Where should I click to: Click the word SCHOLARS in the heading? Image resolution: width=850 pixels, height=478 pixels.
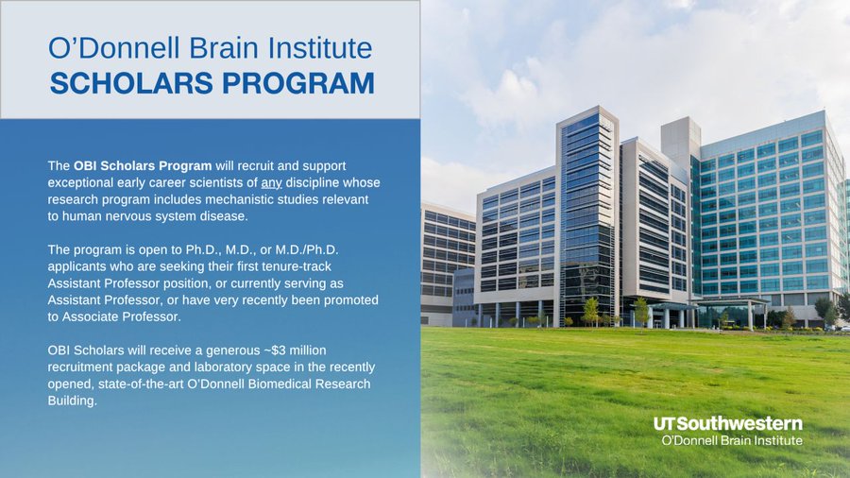click(x=131, y=83)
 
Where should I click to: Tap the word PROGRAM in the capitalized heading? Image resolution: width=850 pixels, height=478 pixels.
click(x=298, y=83)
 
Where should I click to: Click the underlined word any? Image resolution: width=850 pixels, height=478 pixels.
click(x=271, y=182)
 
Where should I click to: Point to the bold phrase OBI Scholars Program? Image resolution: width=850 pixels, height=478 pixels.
click(x=143, y=166)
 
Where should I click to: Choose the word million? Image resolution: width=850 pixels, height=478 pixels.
click(x=309, y=350)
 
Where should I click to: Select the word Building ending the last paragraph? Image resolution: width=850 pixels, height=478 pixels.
click(x=72, y=401)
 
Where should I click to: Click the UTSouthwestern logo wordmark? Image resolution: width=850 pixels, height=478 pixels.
click(x=728, y=424)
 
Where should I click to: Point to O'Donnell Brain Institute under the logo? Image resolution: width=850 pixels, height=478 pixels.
click(x=732, y=440)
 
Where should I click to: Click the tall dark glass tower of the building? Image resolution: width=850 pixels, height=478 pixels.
click(x=587, y=216)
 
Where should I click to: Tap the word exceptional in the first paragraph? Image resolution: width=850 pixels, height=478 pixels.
click(x=79, y=182)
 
